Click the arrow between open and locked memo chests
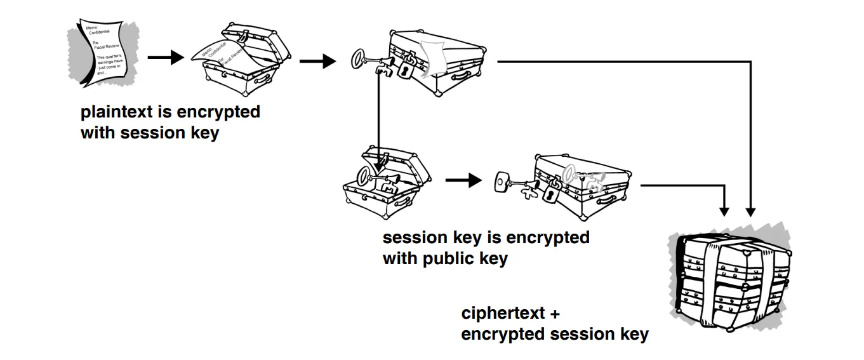click(x=317, y=62)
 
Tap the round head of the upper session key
click(x=360, y=60)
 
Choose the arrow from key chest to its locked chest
click(x=463, y=180)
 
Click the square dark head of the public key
click(x=502, y=182)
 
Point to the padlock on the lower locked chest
click(x=549, y=193)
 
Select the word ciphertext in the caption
click(x=501, y=313)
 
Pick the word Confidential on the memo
click(x=100, y=32)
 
